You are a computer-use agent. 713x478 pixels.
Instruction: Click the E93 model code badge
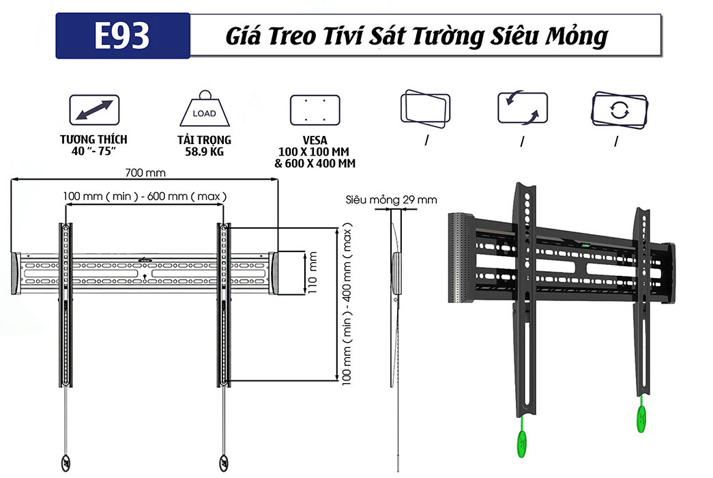click(122, 36)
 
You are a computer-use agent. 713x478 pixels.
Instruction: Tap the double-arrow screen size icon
click(94, 110)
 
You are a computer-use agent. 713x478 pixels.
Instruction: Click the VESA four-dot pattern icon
click(315, 110)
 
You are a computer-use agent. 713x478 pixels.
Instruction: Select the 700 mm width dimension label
click(145, 172)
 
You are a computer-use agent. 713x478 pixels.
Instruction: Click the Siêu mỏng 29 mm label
click(391, 200)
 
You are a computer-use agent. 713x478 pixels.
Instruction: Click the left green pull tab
click(522, 439)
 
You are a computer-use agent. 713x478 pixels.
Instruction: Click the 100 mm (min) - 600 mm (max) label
click(145, 196)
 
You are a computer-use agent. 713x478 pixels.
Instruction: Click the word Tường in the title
click(454, 36)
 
